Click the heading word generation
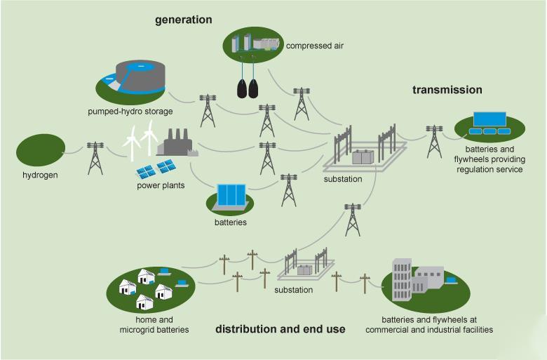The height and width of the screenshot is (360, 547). [183, 20]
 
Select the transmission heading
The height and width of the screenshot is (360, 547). [447, 90]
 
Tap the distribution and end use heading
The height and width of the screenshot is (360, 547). [280, 328]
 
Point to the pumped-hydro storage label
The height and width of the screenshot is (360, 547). [130, 111]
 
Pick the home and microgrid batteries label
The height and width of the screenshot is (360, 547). [149, 324]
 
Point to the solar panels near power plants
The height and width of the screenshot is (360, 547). [156, 168]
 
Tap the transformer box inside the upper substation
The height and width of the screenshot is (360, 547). [363, 157]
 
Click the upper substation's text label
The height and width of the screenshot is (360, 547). [343, 179]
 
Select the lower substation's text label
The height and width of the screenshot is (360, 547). [294, 289]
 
